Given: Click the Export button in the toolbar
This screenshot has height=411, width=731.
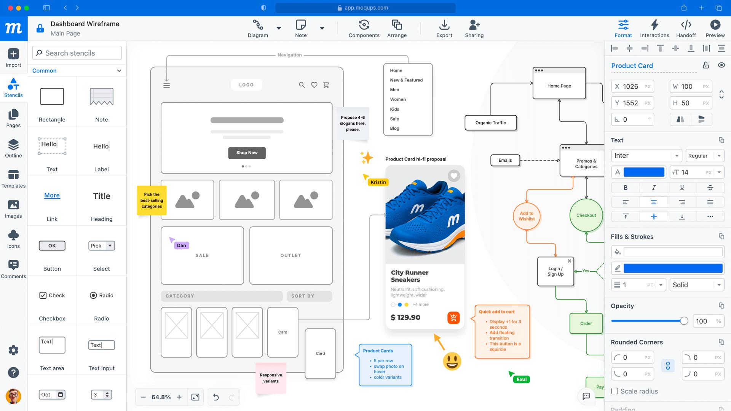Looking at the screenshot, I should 444,29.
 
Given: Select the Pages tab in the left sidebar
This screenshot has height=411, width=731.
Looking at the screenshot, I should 13,118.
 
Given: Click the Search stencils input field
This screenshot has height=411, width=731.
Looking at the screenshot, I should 77,53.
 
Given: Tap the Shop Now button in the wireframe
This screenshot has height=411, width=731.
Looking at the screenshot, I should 247,153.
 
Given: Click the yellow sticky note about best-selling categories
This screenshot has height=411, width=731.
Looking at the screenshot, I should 152,200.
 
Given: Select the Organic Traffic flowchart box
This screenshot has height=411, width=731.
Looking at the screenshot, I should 490,123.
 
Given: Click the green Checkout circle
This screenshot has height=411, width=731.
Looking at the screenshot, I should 586,215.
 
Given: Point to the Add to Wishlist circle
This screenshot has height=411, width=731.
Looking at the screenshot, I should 527,216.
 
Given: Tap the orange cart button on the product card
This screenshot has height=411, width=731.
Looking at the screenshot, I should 453,318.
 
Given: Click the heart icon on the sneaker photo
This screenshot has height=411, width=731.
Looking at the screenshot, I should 453,176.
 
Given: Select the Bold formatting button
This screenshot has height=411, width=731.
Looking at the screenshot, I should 625,187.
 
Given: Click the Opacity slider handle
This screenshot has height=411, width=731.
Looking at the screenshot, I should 684,321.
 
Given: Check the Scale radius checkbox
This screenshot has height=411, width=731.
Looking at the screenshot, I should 614,391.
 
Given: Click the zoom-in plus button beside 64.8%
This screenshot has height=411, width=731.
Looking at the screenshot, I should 179,397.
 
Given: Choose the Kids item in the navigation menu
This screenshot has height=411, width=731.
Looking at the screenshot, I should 394,109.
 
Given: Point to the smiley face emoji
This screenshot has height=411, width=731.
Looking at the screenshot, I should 452,361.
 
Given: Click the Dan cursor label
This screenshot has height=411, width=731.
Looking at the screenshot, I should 182,245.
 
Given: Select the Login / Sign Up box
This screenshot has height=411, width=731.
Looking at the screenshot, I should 555,271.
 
